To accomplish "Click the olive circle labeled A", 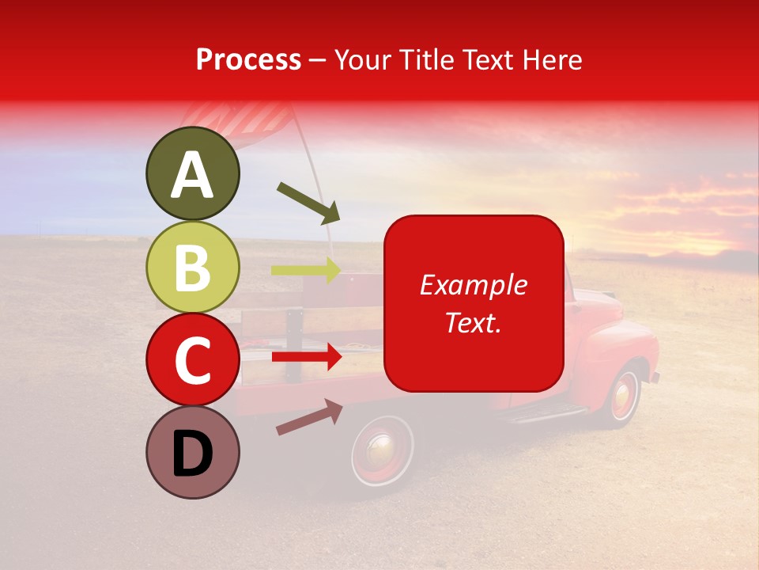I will click(x=193, y=174).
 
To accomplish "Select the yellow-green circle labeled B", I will click(x=193, y=268).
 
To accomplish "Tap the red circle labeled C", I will click(x=193, y=359).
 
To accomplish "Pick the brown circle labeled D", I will click(x=193, y=452).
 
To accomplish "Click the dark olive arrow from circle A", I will click(x=308, y=203).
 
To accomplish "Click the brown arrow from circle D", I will click(x=309, y=417).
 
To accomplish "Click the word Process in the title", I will click(x=248, y=59).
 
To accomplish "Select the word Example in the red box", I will click(x=473, y=285).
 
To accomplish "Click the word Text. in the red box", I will click(x=473, y=322).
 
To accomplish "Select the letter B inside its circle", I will click(x=193, y=268).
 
